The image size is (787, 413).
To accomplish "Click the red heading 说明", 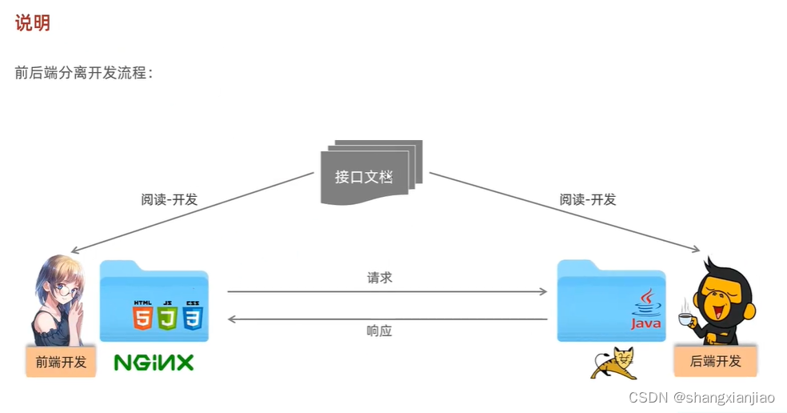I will (x=33, y=23).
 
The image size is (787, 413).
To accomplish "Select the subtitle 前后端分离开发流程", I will (x=83, y=73).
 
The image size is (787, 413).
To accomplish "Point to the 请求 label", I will (x=380, y=279).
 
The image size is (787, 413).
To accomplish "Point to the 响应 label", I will (x=380, y=331).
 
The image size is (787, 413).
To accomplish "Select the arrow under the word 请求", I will (x=387, y=292).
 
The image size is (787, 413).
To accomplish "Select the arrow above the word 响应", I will (x=387, y=319).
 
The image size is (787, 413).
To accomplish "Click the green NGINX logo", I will (x=154, y=363).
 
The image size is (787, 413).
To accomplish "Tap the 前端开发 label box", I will (x=61, y=362).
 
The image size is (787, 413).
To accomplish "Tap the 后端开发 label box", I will (x=714, y=361).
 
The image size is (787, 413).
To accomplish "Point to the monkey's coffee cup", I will (x=685, y=319).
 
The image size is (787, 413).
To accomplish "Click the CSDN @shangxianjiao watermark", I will (x=701, y=398).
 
